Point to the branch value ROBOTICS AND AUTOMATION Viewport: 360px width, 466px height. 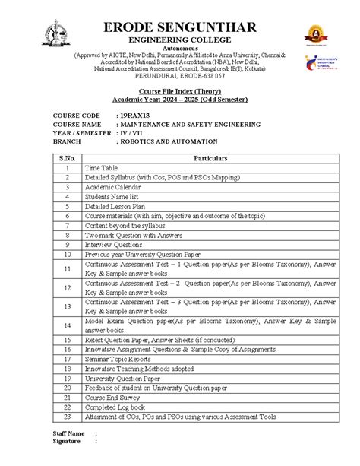(167, 141)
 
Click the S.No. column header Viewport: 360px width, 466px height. (67, 157)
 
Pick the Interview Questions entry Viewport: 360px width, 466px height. (113, 245)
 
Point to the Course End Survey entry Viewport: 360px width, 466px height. (113, 397)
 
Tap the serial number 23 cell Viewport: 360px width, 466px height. (67, 417)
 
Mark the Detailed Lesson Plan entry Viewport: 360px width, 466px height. (115, 205)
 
